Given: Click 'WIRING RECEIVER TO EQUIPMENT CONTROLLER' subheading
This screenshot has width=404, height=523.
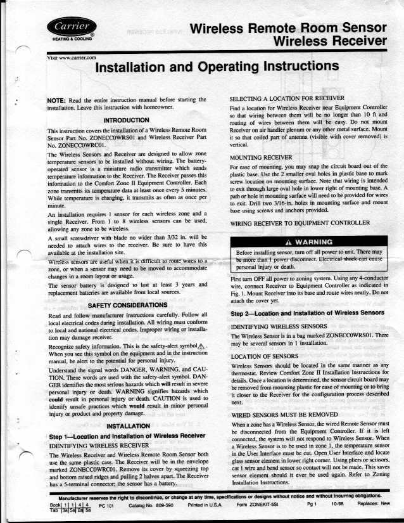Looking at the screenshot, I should point(299,224).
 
